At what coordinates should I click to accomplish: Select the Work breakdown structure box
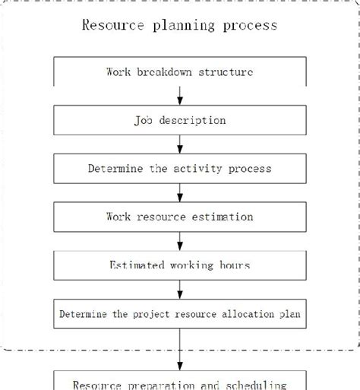[x=180, y=73]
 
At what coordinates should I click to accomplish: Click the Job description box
[x=180, y=120]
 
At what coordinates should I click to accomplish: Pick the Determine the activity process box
[x=180, y=168]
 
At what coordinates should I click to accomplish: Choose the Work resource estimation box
[x=180, y=217]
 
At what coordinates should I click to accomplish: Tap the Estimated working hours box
[x=180, y=265]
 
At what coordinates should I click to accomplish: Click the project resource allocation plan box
[x=180, y=312]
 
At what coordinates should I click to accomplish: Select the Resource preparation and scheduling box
[x=180, y=382]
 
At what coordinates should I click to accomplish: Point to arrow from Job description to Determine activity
[x=180, y=144]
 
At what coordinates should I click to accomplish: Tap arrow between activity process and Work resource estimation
[x=180, y=192]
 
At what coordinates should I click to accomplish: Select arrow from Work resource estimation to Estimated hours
[x=180, y=240]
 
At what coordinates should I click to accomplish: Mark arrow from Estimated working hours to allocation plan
[x=180, y=289]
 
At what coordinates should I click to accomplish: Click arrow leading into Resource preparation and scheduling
[x=180, y=348]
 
